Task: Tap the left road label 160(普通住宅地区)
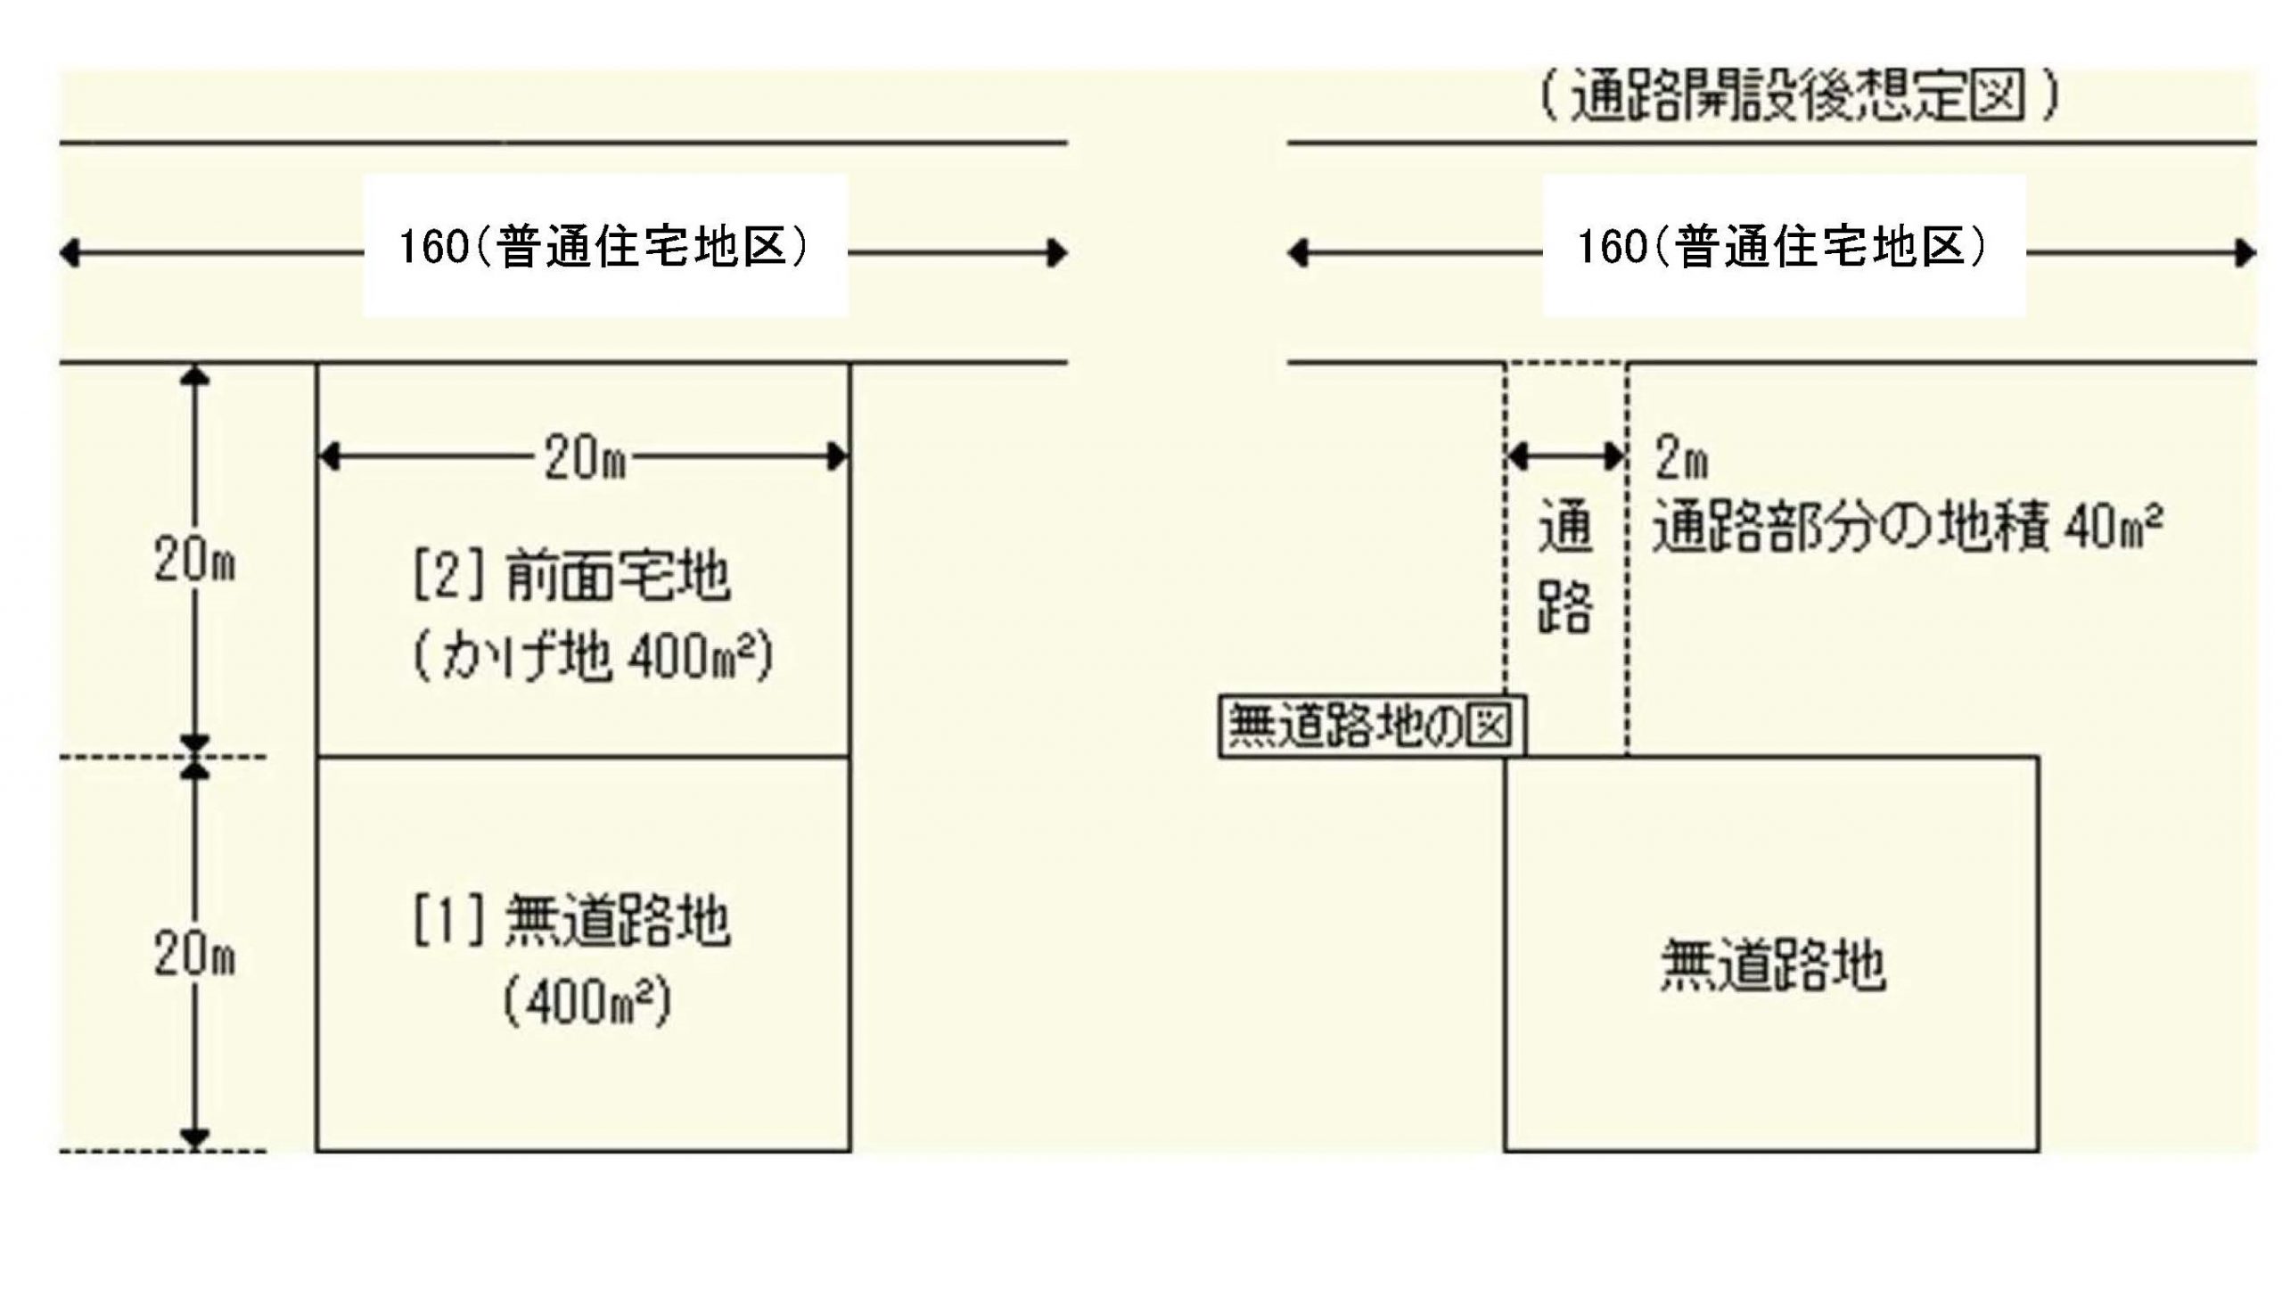[x=604, y=247]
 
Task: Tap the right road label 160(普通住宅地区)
[x=1783, y=247]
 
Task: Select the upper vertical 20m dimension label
[x=194, y=562]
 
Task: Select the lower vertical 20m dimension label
[x=194, y=956]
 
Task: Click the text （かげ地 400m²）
[x=593, y=658]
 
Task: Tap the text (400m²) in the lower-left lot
[x=587, y=1004]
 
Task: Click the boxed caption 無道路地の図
[x=1371, y=726]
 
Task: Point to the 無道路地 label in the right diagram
[x=1772, y=966]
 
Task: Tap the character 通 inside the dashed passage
[x=1566, y=528]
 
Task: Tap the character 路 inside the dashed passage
[x=1566, y=606]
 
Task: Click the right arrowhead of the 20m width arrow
[x=837, y=457]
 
